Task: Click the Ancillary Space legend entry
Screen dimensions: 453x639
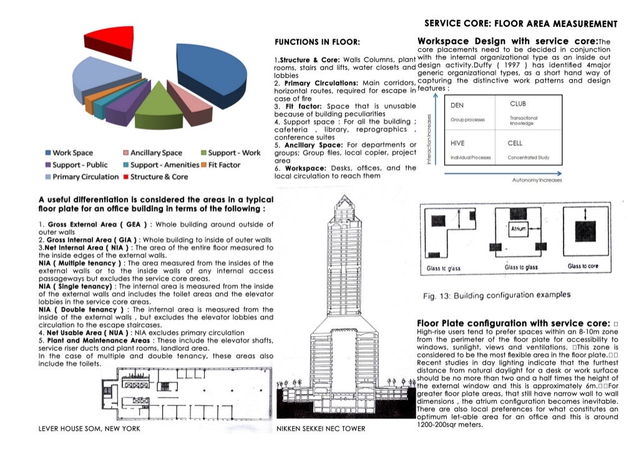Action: (x=155, y=153)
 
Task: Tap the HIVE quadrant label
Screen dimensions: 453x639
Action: (x=457, y=143)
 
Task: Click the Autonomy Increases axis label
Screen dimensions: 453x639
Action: (x=537, y=179)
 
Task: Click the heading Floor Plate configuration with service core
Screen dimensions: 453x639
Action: (x=512, y=323)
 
